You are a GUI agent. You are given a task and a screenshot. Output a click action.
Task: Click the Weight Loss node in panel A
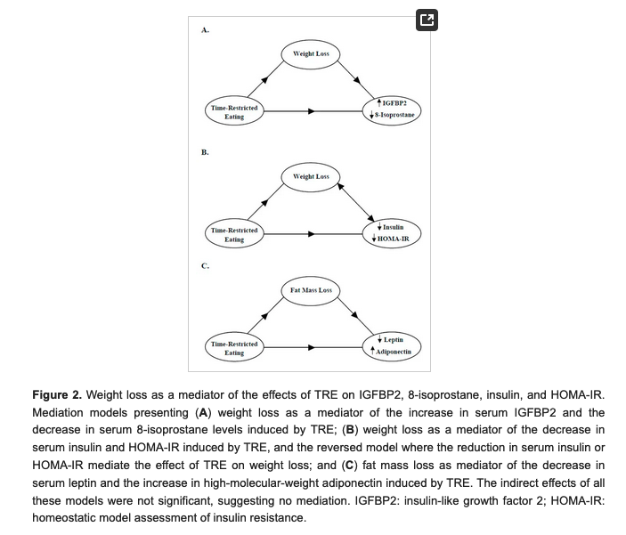pyautogui.click(x=311, y=54)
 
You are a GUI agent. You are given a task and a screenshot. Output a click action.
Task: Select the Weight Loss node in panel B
pyautogui.click(x=311, y=176)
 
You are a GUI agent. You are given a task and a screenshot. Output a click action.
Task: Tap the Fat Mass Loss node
pyautogui.click(x=311, y=290)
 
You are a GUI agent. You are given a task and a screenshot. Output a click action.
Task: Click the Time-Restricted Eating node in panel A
pyautogui.click(x=233, y=112)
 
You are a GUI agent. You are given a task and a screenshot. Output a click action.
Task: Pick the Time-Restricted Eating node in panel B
pyautogui.click(x=233, y=234)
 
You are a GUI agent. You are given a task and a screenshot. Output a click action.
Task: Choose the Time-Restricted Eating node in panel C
pyautogui.click(x=233, y=348)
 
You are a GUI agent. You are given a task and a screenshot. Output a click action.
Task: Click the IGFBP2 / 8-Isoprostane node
pyautogui.click(x=393, y=109)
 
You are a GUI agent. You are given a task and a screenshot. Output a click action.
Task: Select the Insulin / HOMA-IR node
pyautogui.click(x=393, y=233)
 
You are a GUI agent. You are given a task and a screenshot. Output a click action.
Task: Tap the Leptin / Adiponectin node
pyautogui.click(x=393, y=346)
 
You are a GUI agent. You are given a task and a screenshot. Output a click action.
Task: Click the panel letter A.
pyautogui.click(x=205, y=30)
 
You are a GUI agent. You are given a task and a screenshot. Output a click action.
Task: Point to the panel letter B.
pyautogui.click(x=205, y=152)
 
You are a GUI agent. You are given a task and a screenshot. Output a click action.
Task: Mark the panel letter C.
pyautogui.click(x=205, y=266)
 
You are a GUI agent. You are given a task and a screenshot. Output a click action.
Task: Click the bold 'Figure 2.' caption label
pyautogui.click(x=56, y=394)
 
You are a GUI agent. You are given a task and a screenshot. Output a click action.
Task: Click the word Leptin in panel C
pyautogui.click(x=394, y=340)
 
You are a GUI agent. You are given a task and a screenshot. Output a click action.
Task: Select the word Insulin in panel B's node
pyautogui.click(x=393, y=227)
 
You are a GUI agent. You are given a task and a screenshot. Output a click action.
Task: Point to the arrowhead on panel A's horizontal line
pyautogui.click(x=312, y=112)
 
